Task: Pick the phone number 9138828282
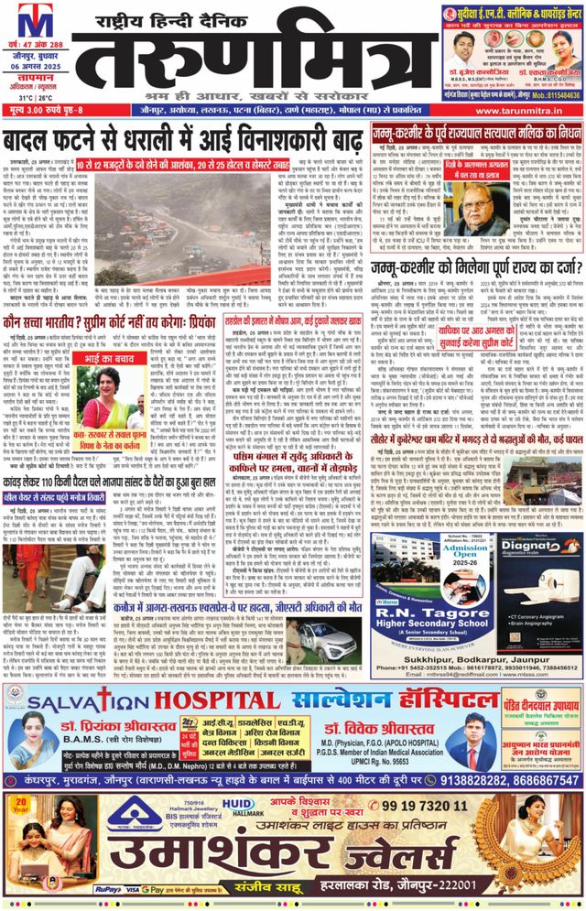coord(473,781)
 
